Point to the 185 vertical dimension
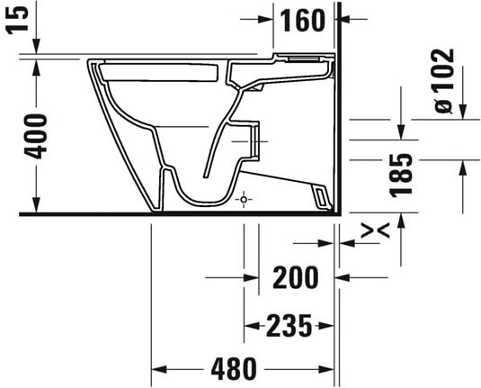(402, 174)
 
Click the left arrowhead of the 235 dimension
(251, 324)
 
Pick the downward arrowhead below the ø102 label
(461, 110)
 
